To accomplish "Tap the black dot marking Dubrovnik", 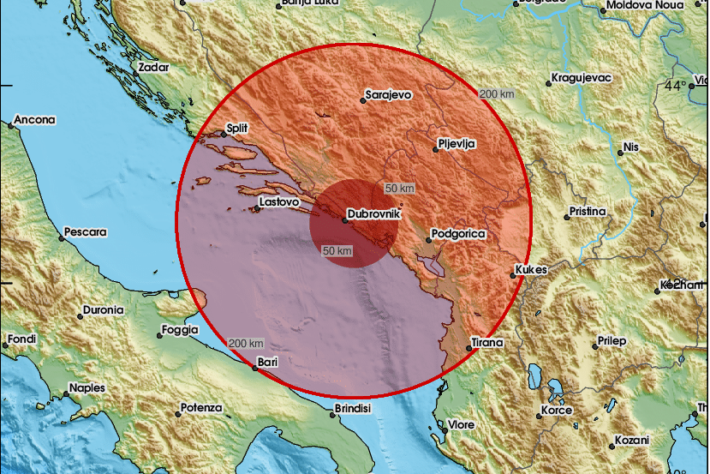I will point(345,220).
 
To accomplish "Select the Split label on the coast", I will point(236,129).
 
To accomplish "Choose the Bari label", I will point(268,363).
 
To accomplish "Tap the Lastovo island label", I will point(278,202).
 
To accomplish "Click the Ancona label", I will point(35,120).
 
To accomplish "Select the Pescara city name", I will point(87,232).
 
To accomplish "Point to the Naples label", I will point(87,387).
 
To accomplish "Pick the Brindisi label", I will point(352,409).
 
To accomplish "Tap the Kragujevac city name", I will point(582,77).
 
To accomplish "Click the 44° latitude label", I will point(675,86).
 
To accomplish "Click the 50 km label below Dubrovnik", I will point(337,250).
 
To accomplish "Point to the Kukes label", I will point(531,270).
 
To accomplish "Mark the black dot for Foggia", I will point(160,332).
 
